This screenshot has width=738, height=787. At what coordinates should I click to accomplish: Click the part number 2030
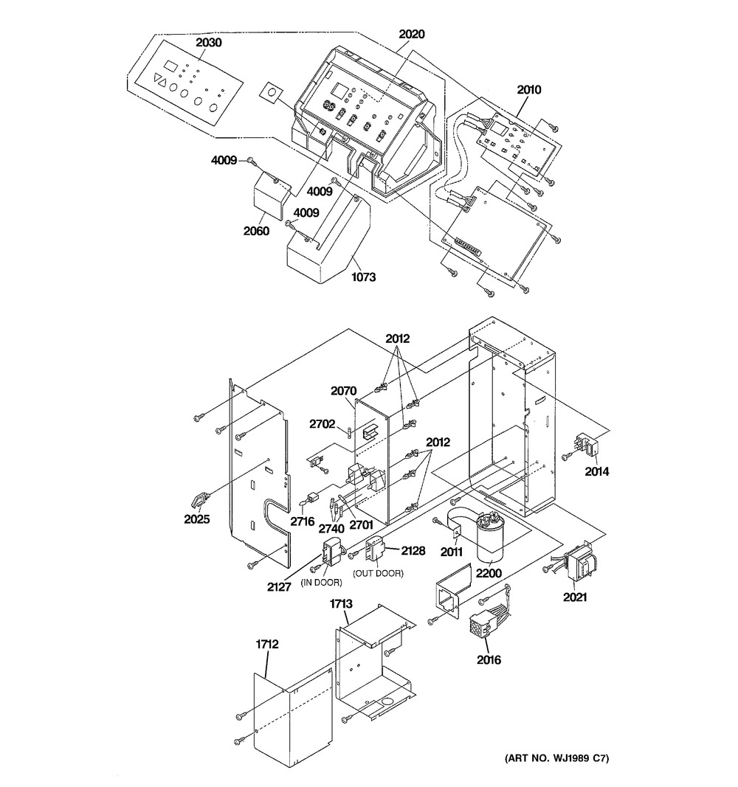tap(208, 43)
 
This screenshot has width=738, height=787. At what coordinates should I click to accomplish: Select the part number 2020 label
tap(412, 34)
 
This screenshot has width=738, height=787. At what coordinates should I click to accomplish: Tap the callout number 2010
tap(529, 90)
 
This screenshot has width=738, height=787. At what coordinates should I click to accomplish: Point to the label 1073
tap(364, 277)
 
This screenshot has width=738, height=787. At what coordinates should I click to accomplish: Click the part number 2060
tap(257, 231)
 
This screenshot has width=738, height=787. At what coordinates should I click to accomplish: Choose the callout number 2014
tap(597, 471)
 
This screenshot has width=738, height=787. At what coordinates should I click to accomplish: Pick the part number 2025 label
tap(197, 519)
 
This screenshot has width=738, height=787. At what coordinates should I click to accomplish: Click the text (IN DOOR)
tap(321, 583)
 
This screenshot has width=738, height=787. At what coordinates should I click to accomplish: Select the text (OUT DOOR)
tap(378, 573)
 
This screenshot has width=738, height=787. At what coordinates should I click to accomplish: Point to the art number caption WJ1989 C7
tap(556, 758)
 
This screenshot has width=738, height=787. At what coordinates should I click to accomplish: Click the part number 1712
tap(267, 644)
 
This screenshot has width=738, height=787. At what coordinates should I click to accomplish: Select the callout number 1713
tap(341, 604)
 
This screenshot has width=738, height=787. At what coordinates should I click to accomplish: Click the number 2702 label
tap(322, 424)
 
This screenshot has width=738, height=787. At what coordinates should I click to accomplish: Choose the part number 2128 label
tap(413, 550)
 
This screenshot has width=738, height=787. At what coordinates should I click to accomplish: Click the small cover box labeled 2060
tap(271, 195)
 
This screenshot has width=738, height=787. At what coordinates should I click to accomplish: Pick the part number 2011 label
tap(452, 552)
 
